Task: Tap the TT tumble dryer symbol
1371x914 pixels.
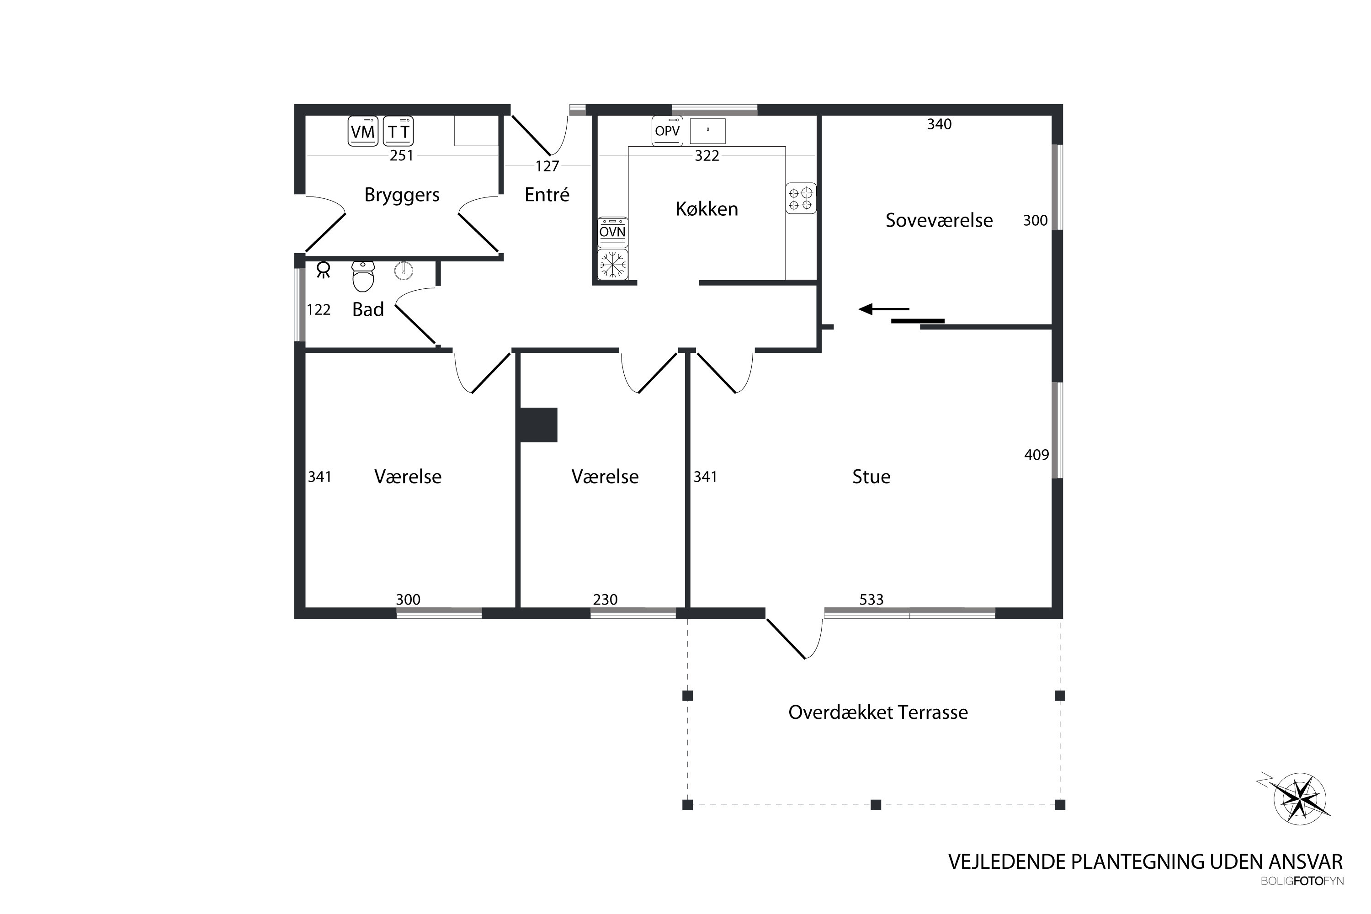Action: click(398, 131)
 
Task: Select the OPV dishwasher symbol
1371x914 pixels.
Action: click(667, 131)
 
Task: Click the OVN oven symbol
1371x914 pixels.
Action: click(613, 232)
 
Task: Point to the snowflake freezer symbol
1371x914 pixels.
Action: click(613, 264)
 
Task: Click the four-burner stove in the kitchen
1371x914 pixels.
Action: click(801, 198)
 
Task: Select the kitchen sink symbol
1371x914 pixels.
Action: click(707, 131)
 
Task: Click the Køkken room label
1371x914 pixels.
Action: click(707, 209)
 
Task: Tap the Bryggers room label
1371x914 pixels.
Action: click(402, 195)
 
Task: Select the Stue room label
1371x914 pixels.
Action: click(871, 477)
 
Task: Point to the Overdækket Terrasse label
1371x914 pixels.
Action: click(878, 712)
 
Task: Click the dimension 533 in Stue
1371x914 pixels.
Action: click(871, 599)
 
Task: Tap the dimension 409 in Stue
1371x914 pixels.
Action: click(1036, 455)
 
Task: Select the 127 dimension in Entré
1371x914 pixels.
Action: click(547, 166)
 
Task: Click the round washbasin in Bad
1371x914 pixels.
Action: click(404, 271)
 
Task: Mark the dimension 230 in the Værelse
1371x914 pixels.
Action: click(605, 599)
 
